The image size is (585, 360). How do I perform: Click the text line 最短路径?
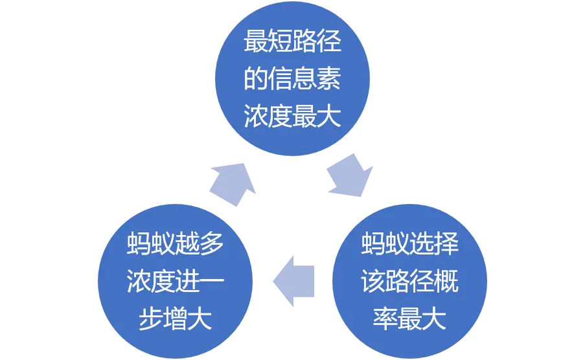[292, 43]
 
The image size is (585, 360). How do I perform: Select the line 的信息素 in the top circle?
[292, 80]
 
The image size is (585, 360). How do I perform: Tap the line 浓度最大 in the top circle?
[292, 117]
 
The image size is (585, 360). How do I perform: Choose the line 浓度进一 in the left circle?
[176, 283]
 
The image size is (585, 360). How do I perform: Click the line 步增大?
[176, 320]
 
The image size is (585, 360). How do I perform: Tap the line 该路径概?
[410, 283]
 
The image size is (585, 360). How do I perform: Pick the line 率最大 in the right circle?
[410, 320]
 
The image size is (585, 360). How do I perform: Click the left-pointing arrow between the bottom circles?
[293, 280]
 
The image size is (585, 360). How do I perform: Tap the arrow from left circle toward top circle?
[233, 181]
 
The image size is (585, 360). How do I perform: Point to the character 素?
[330, 80]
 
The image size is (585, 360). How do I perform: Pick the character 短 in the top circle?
[281, 43]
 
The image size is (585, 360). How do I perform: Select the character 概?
[446, 283]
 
